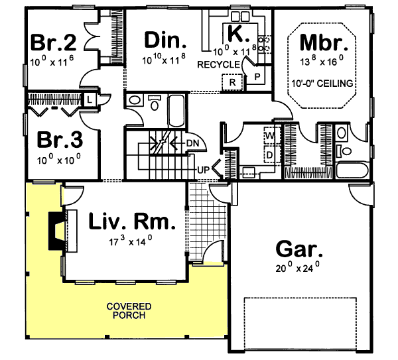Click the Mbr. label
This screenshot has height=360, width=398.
coord(323,42)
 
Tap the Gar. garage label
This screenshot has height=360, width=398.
coord(299,251)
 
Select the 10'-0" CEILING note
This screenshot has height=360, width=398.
coord(323,84)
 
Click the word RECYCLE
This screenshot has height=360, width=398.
coord(218,64)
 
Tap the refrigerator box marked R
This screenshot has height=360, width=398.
coord(232,82)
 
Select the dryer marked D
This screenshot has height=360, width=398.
coord(270,154)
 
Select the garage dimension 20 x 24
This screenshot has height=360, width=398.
coord(298,269)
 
